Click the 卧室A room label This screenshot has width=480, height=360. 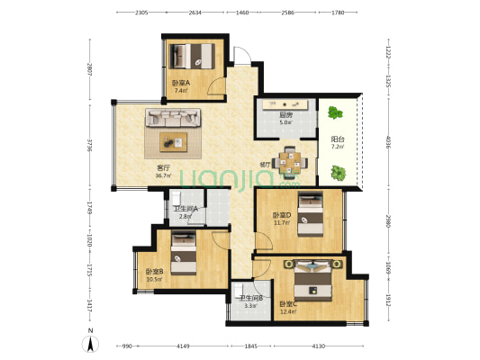[180, 83]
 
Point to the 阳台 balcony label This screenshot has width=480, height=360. [338, 139]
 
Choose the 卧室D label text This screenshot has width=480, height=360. [282, 214]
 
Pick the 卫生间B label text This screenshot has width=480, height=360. [249, 298]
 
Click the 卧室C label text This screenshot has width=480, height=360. [288, 303]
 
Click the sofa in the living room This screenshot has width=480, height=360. [174, 118]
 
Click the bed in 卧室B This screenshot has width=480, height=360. [184, 251]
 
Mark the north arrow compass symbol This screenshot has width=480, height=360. [91, 342]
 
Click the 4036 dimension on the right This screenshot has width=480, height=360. [386, 145]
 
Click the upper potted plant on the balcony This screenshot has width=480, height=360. [336, 113]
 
